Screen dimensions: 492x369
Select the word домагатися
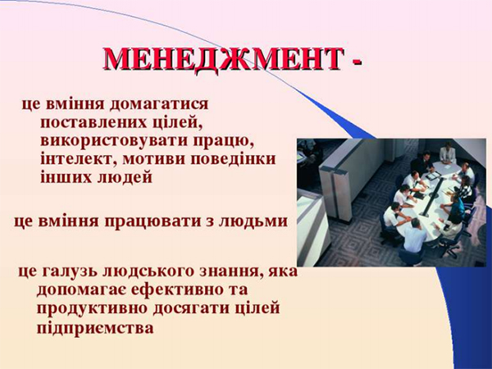point(159,104)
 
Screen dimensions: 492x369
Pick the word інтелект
point(79,158)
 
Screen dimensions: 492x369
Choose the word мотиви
point(154,159)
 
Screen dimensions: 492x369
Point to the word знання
point(231,271)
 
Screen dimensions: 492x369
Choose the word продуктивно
point(93,309)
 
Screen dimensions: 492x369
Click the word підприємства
point(95,328)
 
